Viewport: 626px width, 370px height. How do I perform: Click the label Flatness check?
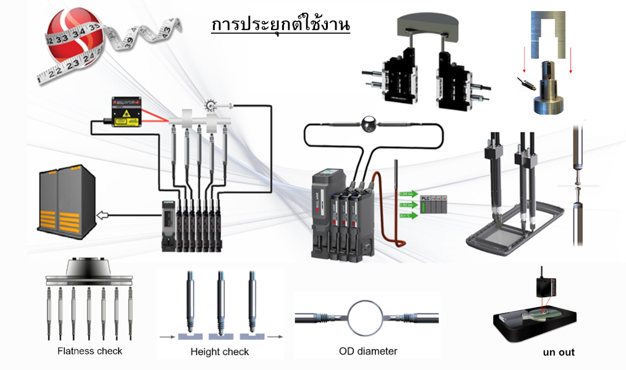(90, 351)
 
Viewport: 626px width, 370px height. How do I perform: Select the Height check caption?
(219, 351)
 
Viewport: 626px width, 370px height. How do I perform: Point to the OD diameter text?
(368, 351)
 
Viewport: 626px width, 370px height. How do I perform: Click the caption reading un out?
(558, 352)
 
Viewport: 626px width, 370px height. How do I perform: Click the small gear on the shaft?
(212, 105)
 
